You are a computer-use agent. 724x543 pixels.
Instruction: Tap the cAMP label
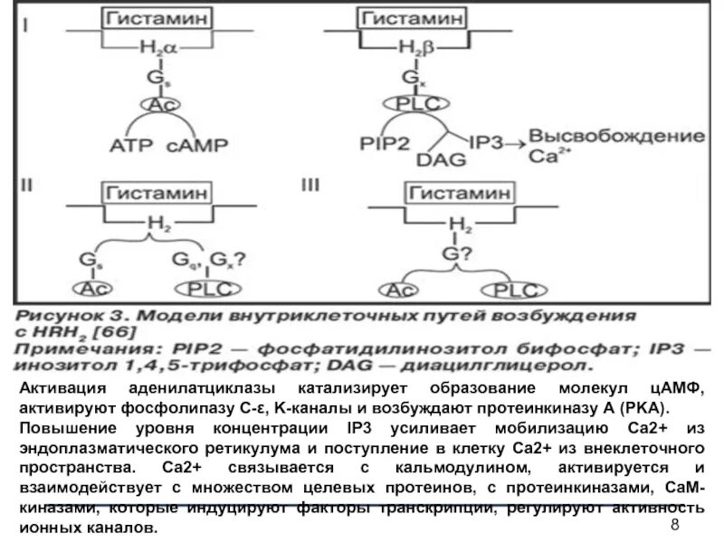point(200,144)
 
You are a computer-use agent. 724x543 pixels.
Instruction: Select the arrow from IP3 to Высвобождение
point(510,142)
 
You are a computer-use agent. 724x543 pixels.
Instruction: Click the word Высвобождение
point(615,136)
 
